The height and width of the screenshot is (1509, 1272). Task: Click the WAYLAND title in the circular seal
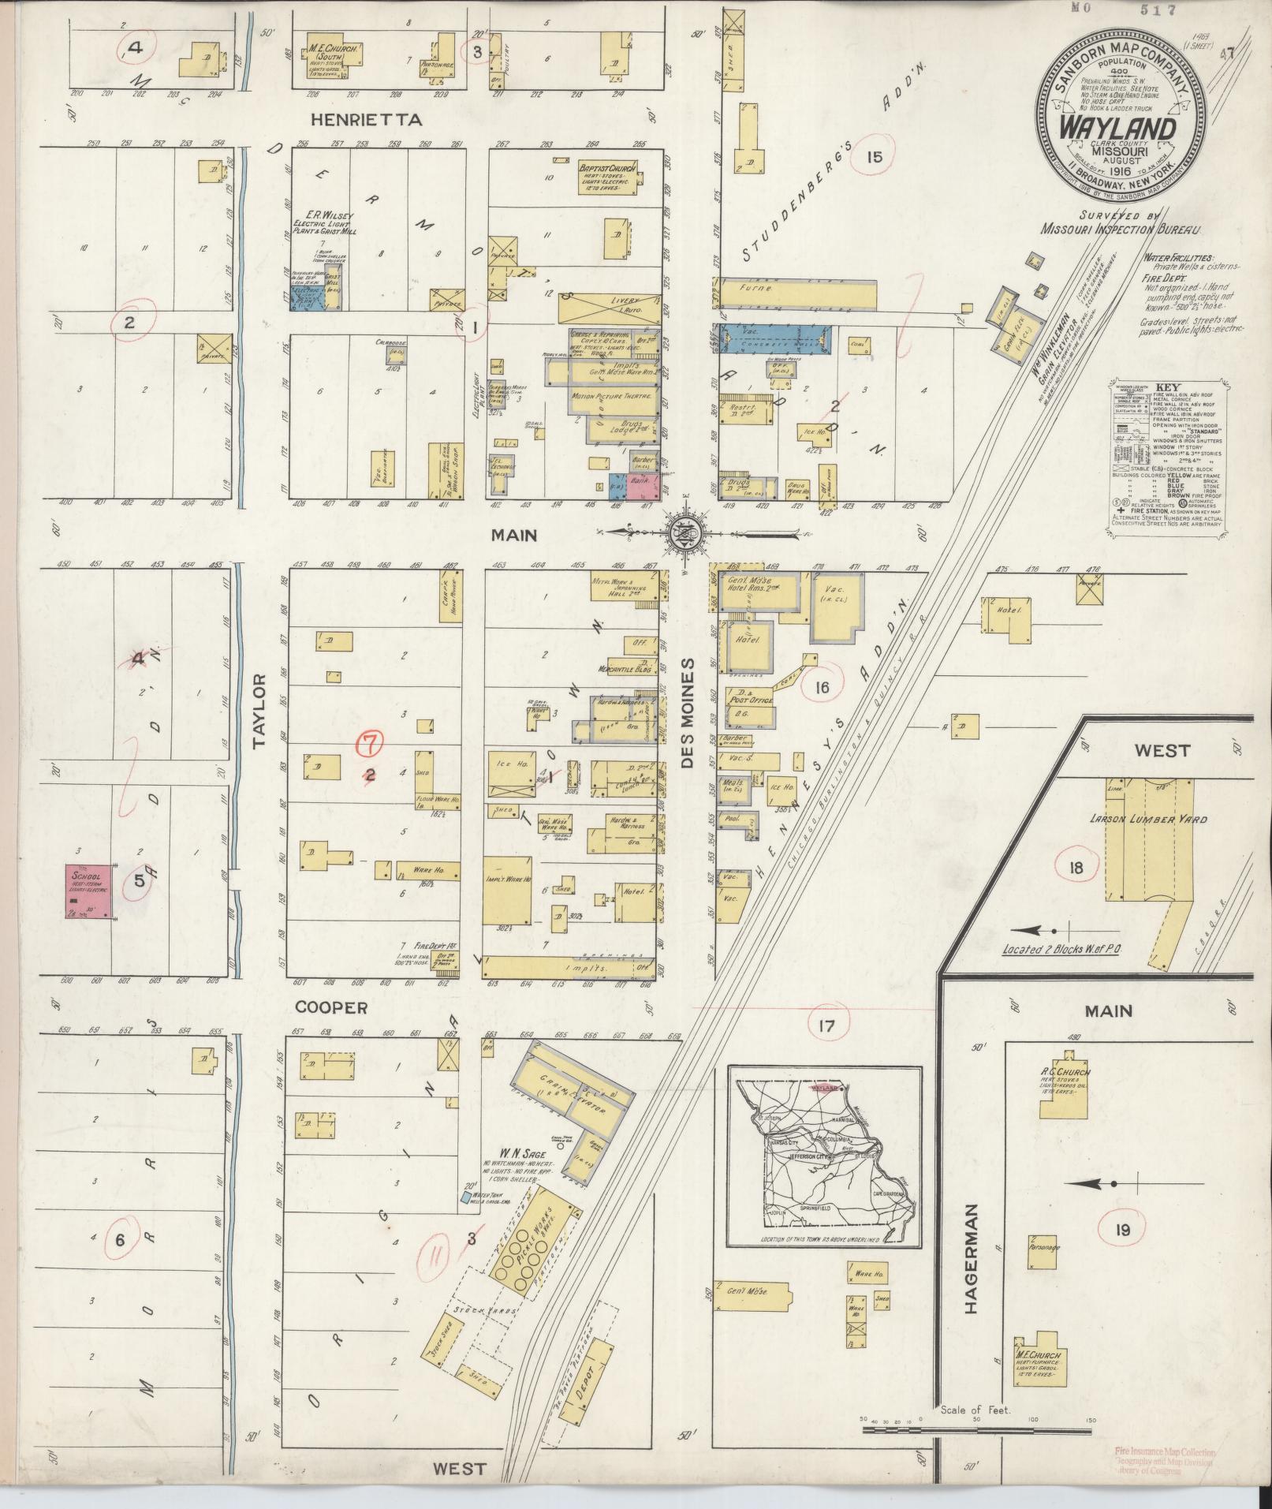(x=1119, y=127)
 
